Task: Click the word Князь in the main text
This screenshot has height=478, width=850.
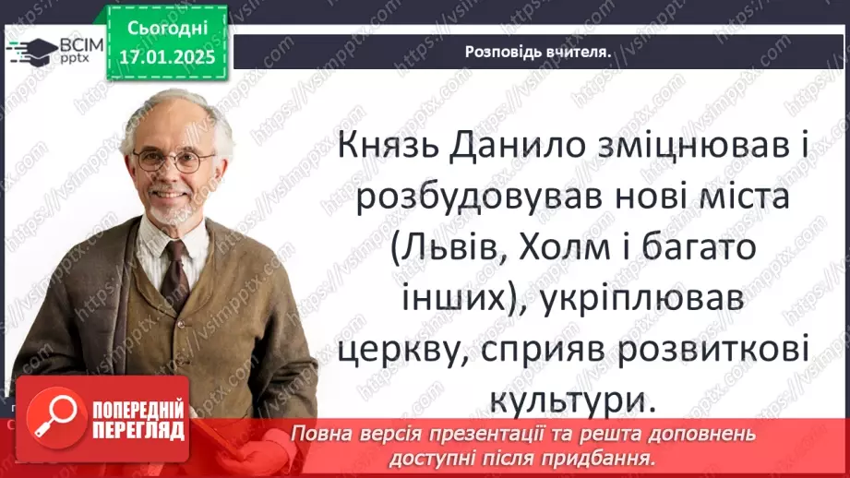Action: click(x=385, y=148)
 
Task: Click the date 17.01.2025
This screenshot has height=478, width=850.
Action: click(x=163, y=56)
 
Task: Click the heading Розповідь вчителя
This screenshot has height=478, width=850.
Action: click(x=539, y=52)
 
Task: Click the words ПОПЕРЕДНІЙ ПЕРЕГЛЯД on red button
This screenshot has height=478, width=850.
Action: click(x=137, y=418)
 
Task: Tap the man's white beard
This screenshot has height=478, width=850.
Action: click(x=171, y=210)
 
